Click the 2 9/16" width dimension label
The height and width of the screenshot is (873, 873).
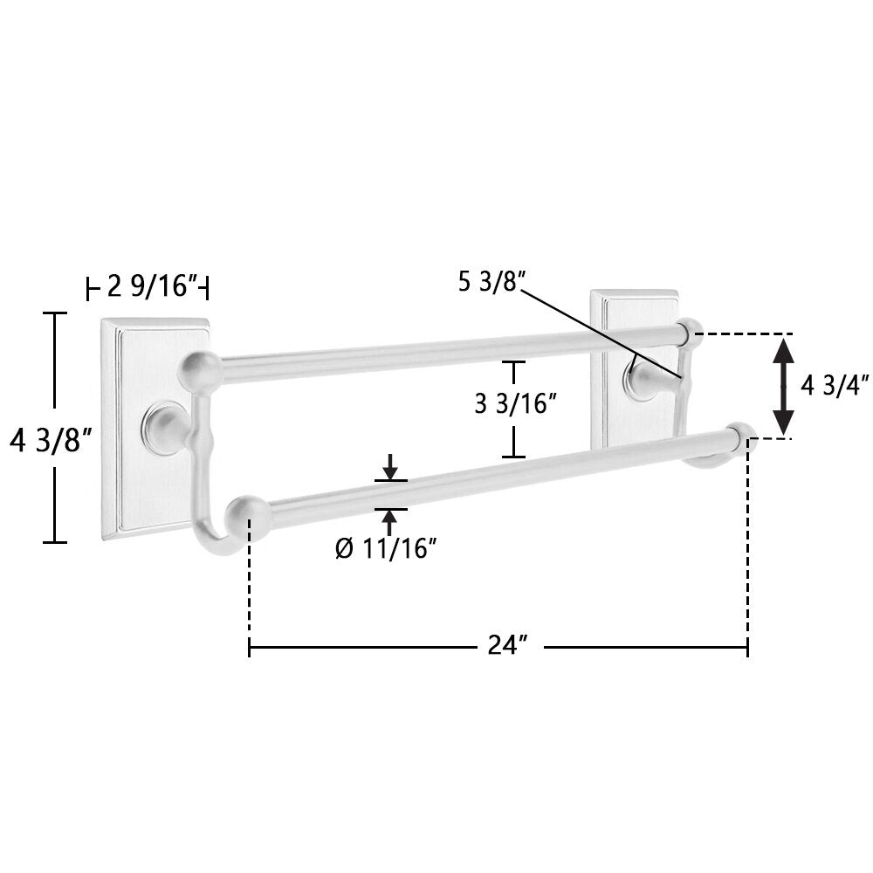[x=148, y=286]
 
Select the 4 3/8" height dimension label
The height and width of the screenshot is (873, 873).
[x=51, y=441]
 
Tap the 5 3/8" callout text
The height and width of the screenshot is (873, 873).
[x=490, y=282]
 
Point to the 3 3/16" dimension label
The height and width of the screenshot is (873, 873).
[x=515, y=404]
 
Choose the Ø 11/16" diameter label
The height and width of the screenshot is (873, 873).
[x=385, y=549]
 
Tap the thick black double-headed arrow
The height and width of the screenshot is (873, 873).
[x=784, y=385]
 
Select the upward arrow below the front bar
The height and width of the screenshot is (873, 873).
[x=390, y=521]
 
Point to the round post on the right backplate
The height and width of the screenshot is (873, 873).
[x=641, y=381]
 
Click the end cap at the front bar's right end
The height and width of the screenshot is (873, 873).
[x=740, y=438]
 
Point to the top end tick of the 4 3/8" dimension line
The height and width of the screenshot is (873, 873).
[x=55, y=313]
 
